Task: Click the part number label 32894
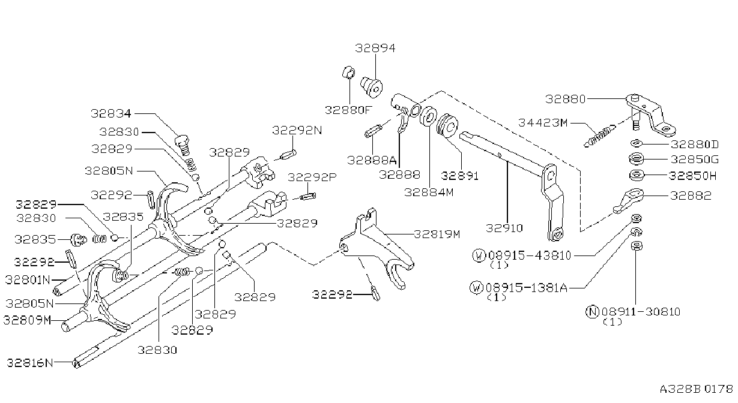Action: click(375, 48)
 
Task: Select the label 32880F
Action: click(348, 110)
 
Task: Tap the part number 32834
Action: click(111, 113)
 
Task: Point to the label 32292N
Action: click(297, 131)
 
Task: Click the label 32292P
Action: click(312, 178)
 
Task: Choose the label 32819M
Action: click(437, 234)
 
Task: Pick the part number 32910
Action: click(504, 228)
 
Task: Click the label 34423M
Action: click(543, 123)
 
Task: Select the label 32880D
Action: click(695, 145)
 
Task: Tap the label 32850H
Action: click(692, 176)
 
